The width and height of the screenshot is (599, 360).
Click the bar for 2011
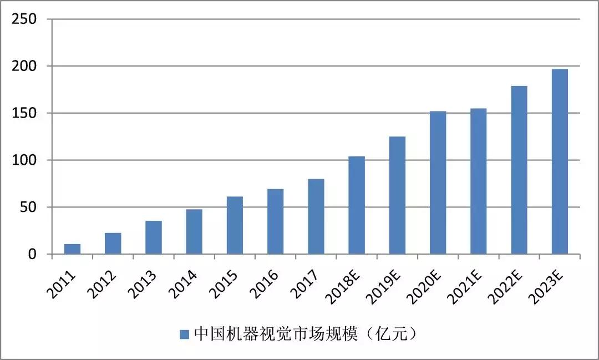tap(72, 249)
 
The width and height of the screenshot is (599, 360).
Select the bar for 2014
tap(194, 232)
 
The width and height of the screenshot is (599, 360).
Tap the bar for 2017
tap(316, 216)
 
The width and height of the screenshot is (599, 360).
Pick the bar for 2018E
tap(357, 205)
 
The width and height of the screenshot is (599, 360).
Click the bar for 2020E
tap(438, 183)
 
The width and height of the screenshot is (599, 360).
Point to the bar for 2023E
tap(560, 161)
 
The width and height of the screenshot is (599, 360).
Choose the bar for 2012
tap(113, 244)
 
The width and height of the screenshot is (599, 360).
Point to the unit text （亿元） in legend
tap(394, 334)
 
